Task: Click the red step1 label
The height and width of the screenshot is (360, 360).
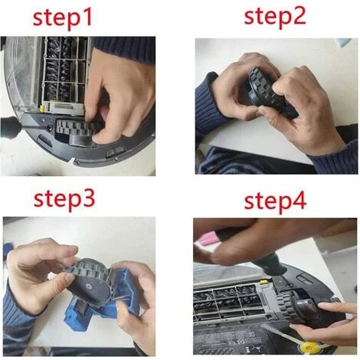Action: [62, 18]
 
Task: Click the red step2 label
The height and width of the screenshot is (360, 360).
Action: [275, 16]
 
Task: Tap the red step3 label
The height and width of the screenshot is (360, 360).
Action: [64, 199]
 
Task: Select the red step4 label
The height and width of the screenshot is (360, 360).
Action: [275, 201]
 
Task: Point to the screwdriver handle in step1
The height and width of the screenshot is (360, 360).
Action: [11, 127]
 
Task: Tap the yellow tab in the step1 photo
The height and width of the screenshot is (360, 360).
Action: [42, 108]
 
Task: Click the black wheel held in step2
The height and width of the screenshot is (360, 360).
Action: [268, 92]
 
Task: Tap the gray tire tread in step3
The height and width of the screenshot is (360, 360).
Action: [84, 270]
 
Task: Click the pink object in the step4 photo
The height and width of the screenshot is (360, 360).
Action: [210, 240]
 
